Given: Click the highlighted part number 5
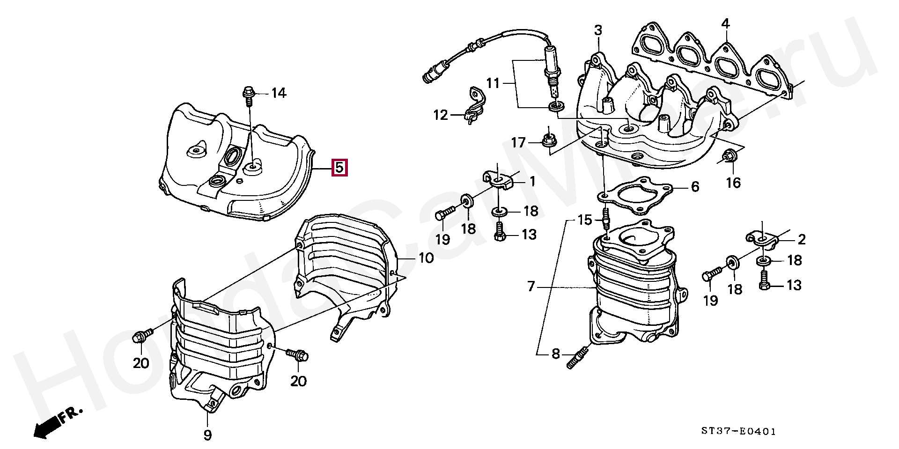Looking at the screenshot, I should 339,168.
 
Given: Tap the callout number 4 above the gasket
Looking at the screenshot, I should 725,23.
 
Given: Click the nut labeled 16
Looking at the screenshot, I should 729,156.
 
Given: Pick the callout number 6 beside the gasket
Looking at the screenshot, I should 695,187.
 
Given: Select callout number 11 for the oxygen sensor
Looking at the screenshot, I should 493,84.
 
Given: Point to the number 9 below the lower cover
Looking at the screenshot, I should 207,435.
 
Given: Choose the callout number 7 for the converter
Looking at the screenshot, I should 531,286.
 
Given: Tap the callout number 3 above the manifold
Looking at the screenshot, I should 598,31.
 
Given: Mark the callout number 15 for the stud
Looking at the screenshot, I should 585,219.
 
